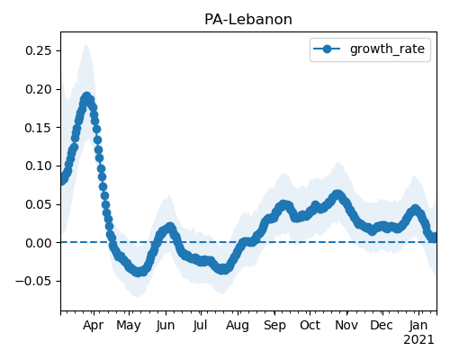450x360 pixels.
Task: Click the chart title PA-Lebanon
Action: click(x=248, y=20)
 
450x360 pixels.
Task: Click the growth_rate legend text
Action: click(x=387, y=49)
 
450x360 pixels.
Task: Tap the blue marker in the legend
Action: click(x=327, y=49)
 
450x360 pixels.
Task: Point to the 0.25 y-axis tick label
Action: click(x=39, y=50)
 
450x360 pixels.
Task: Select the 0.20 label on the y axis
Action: click(x=39, y=89)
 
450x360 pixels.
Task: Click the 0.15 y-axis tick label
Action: click(x=39, y=128)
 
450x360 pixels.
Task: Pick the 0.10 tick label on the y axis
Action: click(x=39, y=166)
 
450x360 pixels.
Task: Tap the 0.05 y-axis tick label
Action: click(x=39, y=204)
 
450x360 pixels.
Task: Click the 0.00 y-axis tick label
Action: click(x=39, y=243)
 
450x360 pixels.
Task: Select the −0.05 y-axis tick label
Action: click(x=33, y=281)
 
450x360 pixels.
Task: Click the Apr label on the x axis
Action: click(x=94, y=326)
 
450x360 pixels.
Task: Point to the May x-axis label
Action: click(x=129, y=326)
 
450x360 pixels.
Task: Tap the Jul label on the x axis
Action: click(x=200, y=325)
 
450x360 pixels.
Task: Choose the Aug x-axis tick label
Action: click(x=238, y=326)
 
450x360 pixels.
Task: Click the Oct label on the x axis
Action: click(x=310, y=325)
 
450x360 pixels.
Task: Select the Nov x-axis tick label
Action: click(x=346, y=325)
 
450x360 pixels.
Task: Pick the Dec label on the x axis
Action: click(x=382, y=325)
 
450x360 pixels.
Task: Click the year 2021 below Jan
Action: click(x=418, y=340)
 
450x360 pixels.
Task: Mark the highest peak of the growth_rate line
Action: click(x=86, y=97)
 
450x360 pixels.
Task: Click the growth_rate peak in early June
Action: click(x=170, y=227)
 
